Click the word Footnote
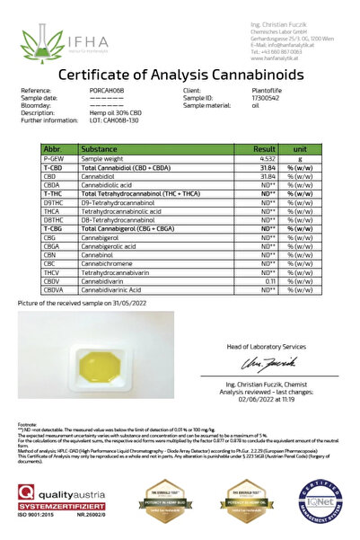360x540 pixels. [x=27, y=423]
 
